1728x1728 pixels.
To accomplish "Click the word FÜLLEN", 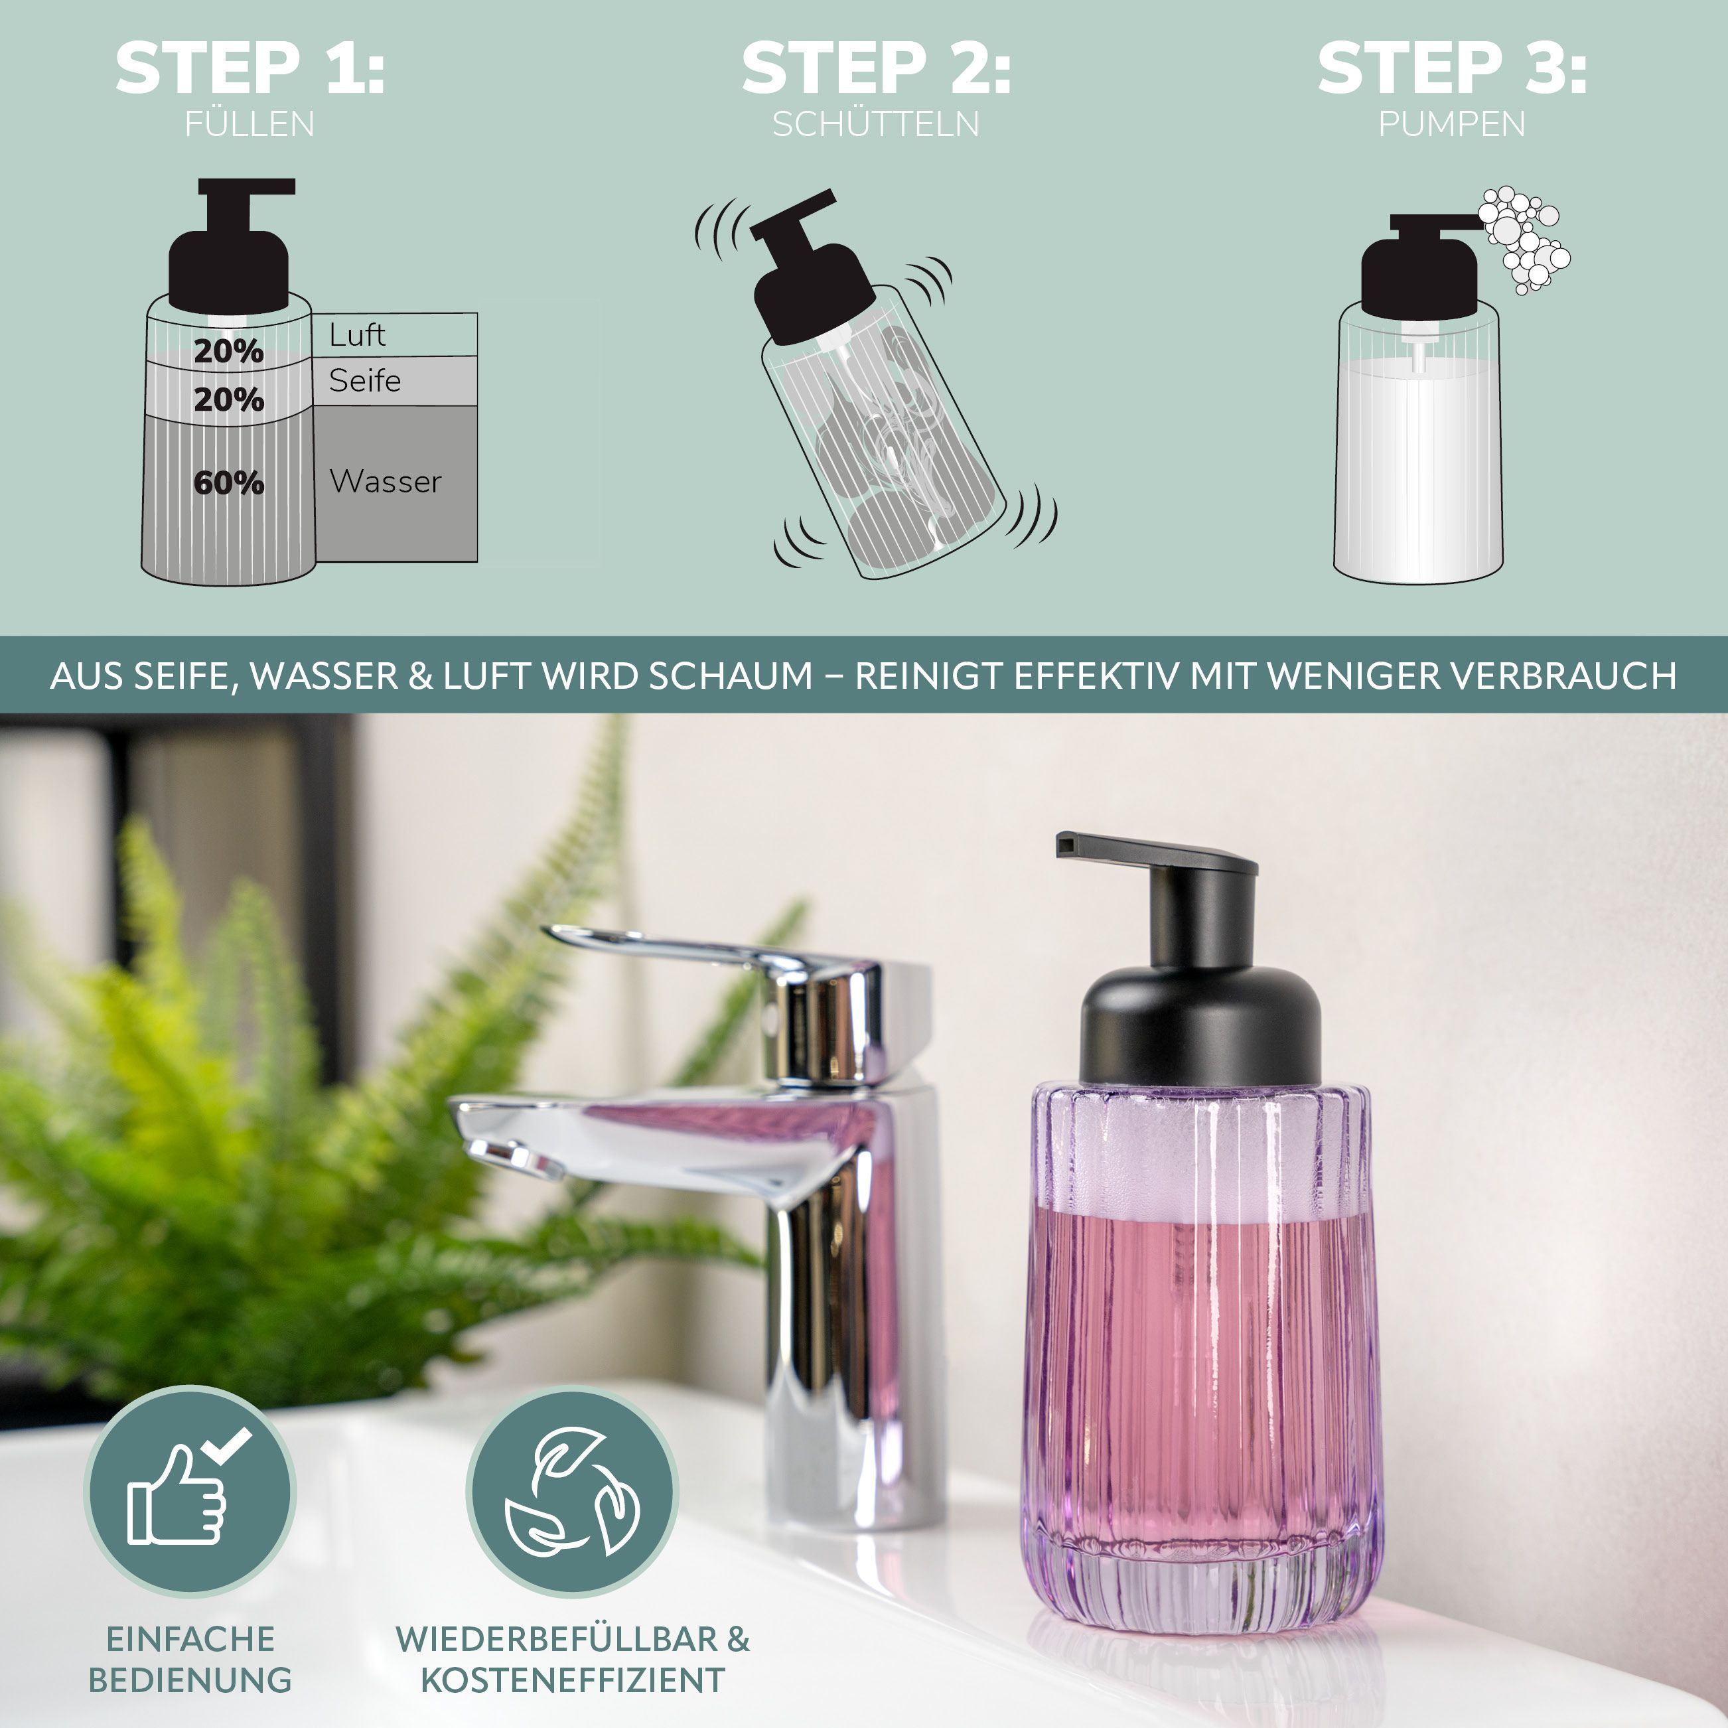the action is point(250,123).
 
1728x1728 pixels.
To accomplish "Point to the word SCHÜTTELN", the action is point(877,123).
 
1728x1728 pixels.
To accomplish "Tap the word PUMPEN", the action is point(1452,123).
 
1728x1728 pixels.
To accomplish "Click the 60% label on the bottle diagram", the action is point(229,483).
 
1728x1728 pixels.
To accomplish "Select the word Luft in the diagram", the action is point(357,334).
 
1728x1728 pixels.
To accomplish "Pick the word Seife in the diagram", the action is point(365,381).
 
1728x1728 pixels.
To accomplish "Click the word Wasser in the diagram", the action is point(386,481).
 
